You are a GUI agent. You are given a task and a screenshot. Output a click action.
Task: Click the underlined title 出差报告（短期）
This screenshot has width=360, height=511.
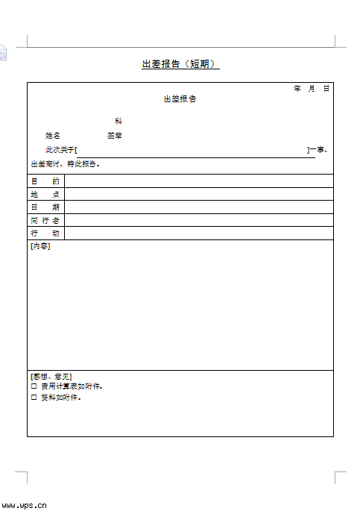point(180,64)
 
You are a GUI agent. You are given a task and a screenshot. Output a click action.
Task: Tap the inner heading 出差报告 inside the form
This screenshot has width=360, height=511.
point(180,99)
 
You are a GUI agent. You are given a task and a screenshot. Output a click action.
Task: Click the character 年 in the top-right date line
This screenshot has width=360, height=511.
point(297,89)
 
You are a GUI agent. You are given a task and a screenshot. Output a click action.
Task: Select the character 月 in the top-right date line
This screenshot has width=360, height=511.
point(312,89)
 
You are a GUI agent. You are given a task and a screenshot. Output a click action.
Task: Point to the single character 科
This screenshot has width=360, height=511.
point(118,121)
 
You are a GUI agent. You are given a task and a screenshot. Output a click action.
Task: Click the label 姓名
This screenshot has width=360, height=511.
point(53,136)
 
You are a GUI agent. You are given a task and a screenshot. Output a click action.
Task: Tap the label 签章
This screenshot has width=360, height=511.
point(115,136)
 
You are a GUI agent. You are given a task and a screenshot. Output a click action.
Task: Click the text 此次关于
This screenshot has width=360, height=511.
point(60,150)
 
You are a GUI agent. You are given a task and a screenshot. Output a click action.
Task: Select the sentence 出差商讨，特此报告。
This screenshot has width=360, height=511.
point(65,164)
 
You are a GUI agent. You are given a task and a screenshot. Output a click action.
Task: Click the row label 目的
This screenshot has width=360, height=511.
point(45,181)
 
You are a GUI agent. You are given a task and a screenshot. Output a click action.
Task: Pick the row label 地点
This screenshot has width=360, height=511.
point(45,194)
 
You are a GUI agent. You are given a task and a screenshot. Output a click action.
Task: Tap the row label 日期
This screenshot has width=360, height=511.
point(45,207)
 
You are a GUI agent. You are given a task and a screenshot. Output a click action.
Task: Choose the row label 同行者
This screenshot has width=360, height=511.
point(45,221)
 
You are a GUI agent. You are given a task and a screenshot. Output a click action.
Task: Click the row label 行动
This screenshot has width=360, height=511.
point(45,233)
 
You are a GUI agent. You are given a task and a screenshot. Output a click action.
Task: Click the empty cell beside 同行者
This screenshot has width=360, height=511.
point(198,221)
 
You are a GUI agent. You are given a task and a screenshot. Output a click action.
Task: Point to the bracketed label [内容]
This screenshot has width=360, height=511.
point(40,247)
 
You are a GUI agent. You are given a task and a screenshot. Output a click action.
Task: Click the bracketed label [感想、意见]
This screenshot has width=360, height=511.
point(51,377)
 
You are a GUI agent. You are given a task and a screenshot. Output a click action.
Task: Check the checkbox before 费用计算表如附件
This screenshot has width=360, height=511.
point(34,387)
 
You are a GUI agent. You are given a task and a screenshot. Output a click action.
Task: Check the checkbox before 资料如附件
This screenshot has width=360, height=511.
point(34,398)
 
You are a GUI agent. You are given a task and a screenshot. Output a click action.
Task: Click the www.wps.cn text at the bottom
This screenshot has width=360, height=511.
point(24,504)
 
